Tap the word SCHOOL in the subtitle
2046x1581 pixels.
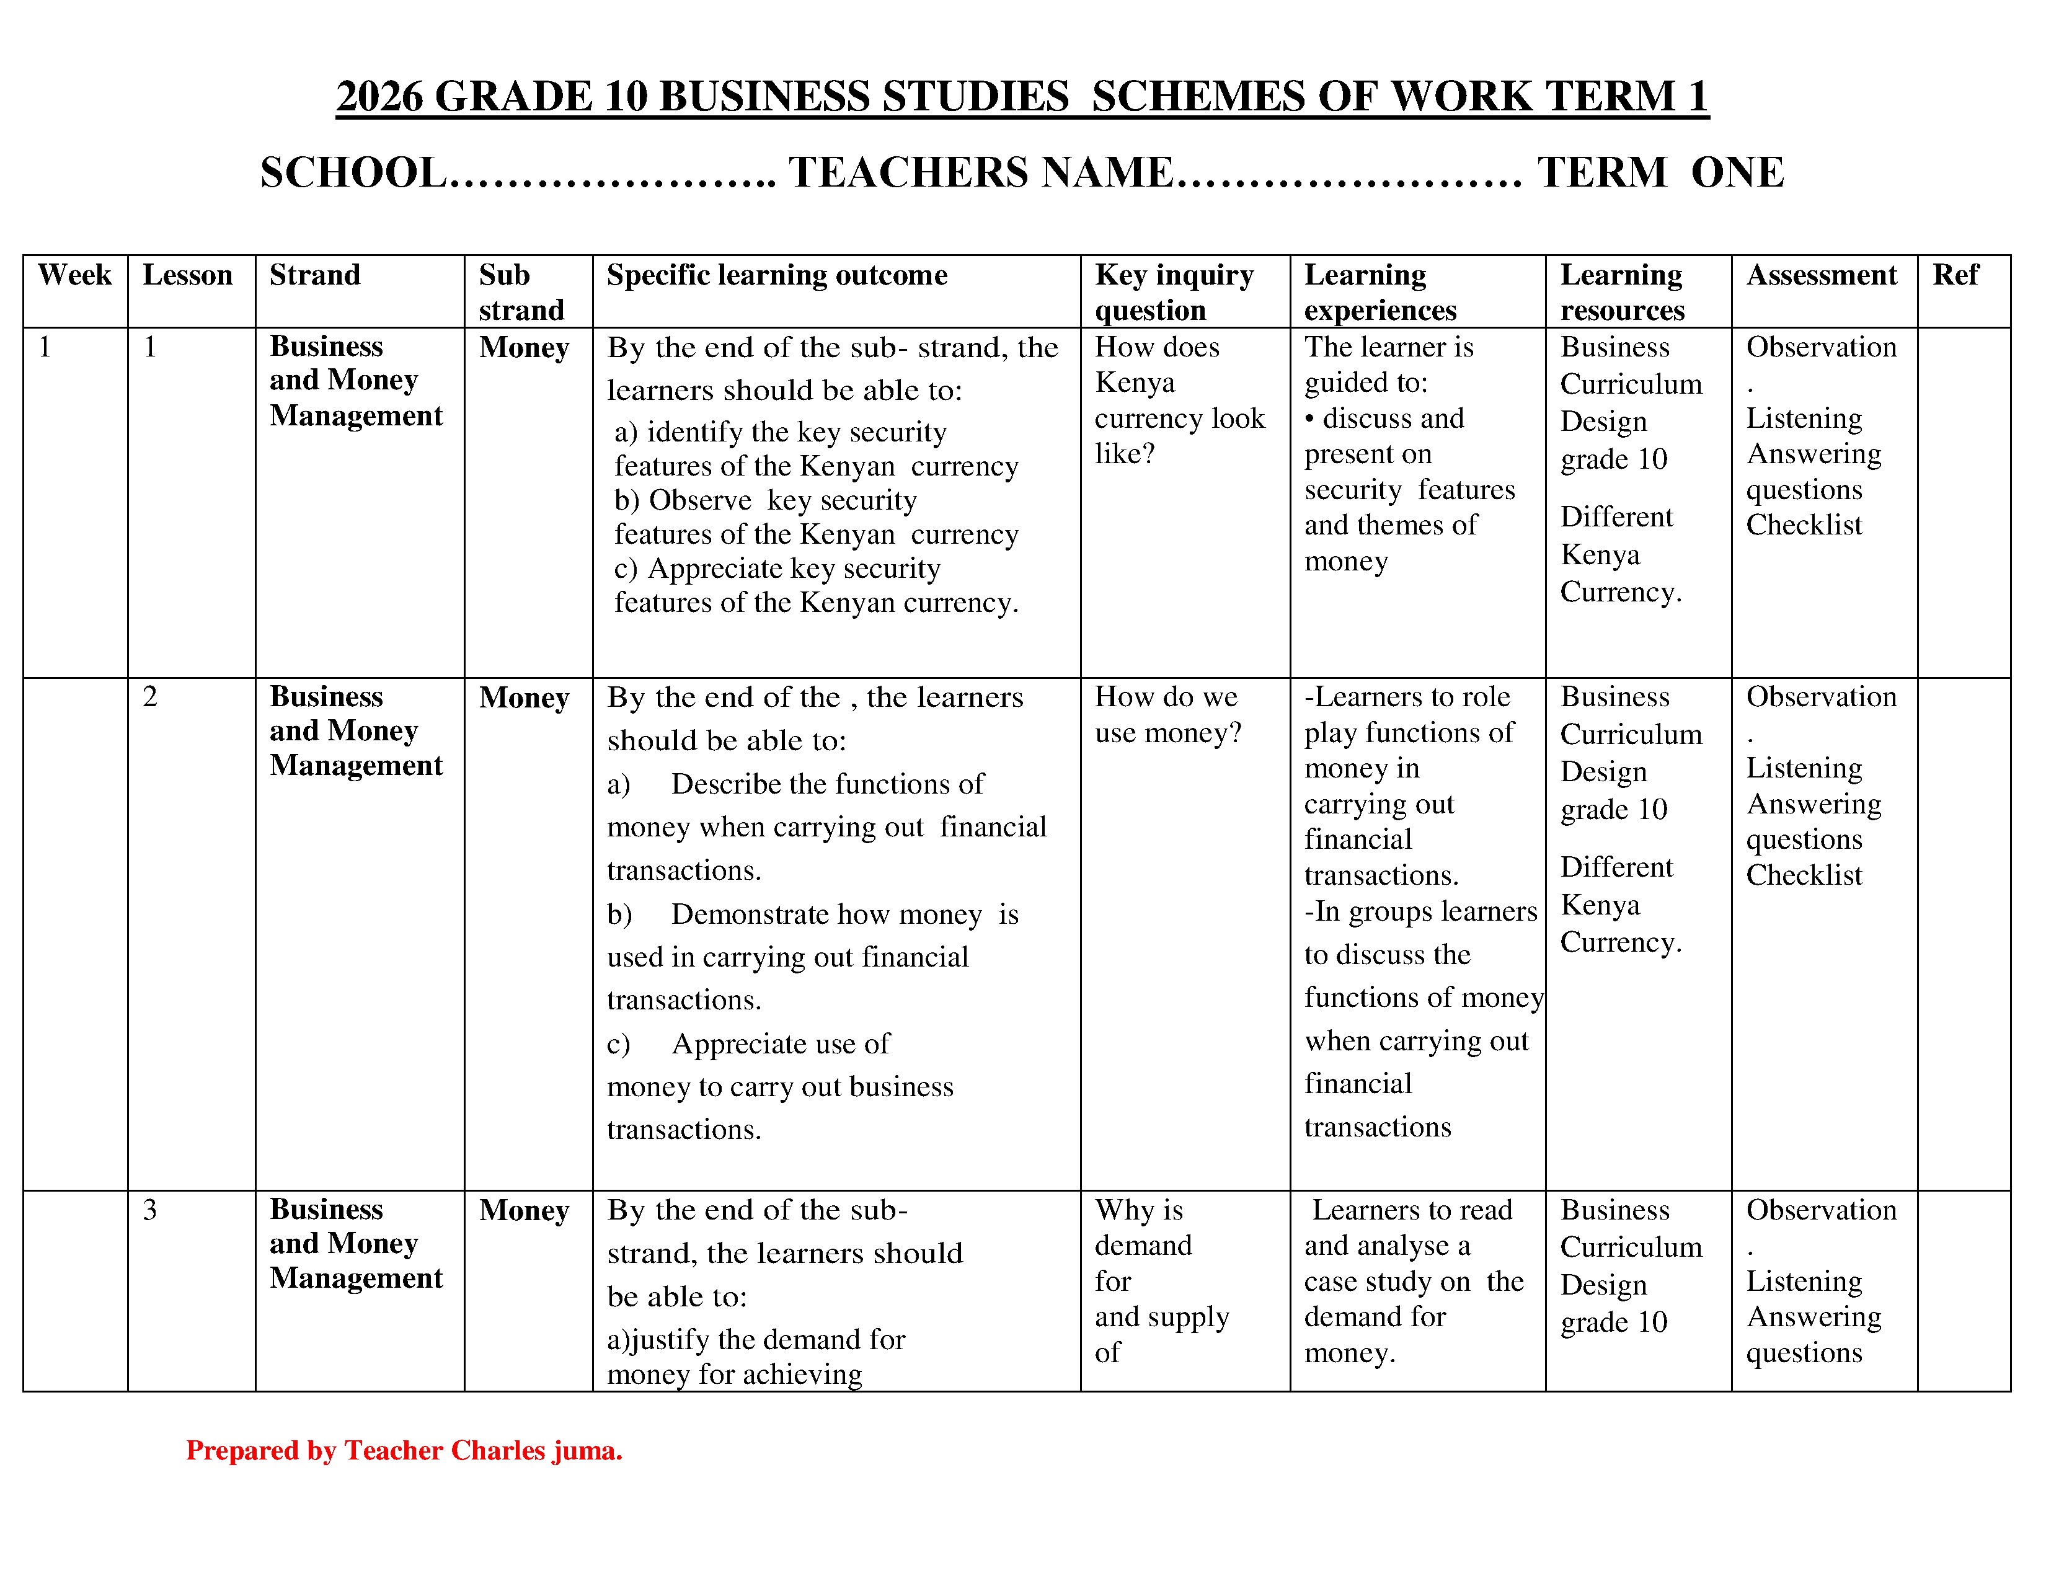(x=353, y=173)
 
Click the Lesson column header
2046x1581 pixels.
(x=187, y=275)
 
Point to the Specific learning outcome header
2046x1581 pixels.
(x=777, y=275)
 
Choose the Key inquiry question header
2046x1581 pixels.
(x=1173, y=292)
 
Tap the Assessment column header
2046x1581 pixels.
(x=1821, y=275)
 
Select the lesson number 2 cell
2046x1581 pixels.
(x=150, y=697)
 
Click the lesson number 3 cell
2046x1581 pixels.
(x=150, y=1210)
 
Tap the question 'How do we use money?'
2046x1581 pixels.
(x=1167, y=715)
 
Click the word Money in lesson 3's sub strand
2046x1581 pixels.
(x=524, y=1211)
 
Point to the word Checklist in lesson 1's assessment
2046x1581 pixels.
(x=1804, y=525)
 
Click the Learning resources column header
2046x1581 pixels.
(x=1622, y=292)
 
